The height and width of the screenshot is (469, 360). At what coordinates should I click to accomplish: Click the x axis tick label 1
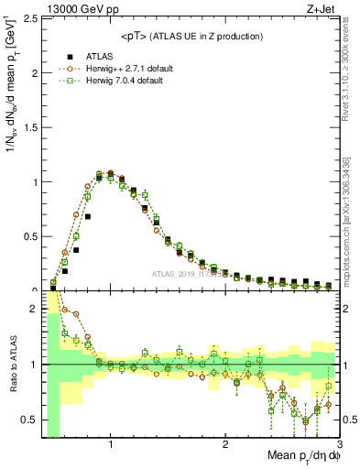(111, 444)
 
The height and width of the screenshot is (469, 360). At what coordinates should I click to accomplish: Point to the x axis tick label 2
(225, 444)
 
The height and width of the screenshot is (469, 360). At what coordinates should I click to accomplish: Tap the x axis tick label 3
(338, 444)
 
